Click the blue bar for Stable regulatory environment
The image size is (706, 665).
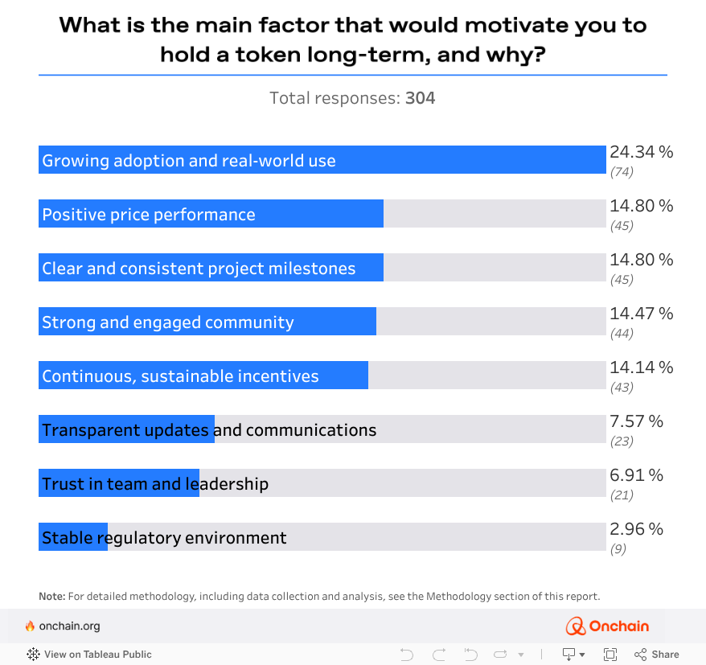[72, 537]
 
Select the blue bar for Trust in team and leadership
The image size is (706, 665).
[118, 483]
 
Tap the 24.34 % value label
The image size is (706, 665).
[641, 152]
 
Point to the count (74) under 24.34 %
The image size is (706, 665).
[622, 171]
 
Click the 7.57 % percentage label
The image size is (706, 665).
[636, 421]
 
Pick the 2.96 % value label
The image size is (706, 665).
[636, 529]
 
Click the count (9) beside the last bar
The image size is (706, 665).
[618, 549]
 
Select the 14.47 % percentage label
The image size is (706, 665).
[641, 314]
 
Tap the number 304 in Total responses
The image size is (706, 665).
[420, 98]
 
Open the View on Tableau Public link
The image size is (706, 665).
[89, 654]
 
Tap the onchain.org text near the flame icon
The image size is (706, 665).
[69, 626]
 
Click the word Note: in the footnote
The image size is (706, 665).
[51, 597]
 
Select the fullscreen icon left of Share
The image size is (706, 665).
[610, 654]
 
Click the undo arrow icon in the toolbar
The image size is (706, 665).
[406, 654]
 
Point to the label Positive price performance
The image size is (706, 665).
[149, 215]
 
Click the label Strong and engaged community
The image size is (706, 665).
[168, 322]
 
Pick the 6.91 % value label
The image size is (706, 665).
[635, 475]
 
